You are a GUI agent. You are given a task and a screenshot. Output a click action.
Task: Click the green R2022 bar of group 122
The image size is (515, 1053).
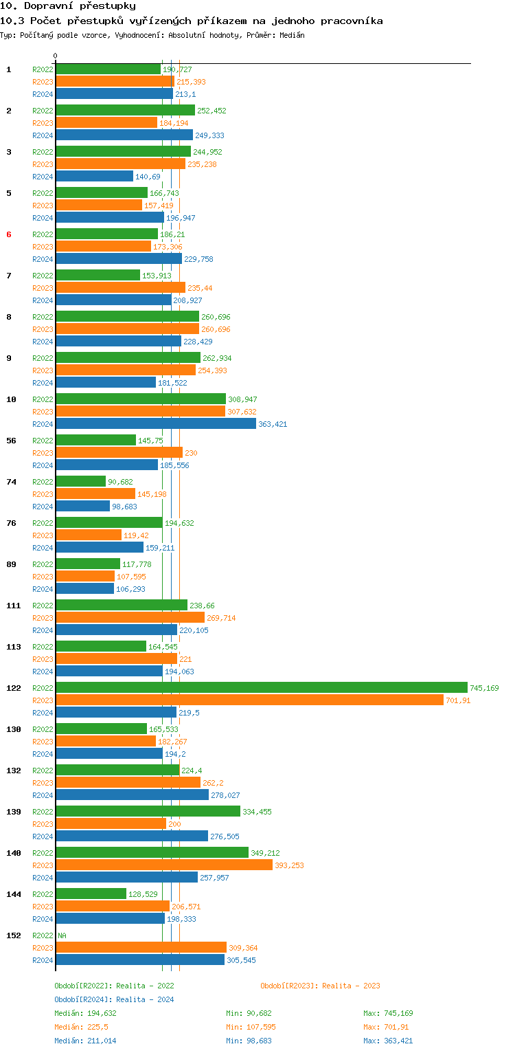(261, 687)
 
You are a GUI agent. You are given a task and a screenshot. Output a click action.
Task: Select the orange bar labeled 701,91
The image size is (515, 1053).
(249, 700)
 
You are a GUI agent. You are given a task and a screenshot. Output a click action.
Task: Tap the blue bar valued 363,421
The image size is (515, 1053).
(156, 424)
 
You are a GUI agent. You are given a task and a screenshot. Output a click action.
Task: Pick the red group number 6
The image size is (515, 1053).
(9, 234)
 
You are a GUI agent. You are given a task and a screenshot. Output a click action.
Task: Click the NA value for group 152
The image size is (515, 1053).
(62, 935)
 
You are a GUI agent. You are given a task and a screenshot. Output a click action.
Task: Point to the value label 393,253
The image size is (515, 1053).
(289, 865)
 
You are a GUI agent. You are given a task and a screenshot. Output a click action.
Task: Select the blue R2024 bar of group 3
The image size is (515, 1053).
(95, 177)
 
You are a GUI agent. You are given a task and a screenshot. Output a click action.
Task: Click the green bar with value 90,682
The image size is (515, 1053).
(81, 481)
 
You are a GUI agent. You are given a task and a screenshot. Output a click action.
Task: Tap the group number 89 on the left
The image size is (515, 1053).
(11, 564)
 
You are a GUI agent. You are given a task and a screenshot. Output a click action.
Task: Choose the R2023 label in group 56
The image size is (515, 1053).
(43, 453)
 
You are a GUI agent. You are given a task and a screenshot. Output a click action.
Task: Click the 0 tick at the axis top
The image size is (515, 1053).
(56, 56)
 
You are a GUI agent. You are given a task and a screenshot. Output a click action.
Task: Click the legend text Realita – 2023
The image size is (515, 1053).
(351, 986)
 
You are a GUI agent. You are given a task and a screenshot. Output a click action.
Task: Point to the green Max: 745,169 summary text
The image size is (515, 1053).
(388, 1013)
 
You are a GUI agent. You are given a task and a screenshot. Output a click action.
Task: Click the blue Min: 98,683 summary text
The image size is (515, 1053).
(249, 1041)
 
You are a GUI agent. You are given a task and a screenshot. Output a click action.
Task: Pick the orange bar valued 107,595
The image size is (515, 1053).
(85, 576)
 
